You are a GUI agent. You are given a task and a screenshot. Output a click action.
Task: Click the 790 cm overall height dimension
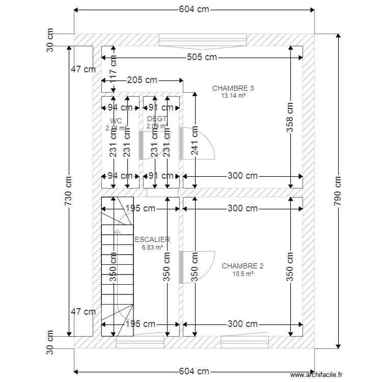(338, 192)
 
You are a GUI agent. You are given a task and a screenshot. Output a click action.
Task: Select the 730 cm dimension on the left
(69, 192)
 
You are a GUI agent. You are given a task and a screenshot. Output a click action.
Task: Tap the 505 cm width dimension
(202, 57)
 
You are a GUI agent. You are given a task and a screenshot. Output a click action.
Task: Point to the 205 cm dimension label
(142, 80)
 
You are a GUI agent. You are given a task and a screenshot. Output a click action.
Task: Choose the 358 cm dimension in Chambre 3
(290, 118)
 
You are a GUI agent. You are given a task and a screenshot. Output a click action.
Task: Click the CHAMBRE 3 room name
(233, 88)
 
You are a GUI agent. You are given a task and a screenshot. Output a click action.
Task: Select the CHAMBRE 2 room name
(242, 266)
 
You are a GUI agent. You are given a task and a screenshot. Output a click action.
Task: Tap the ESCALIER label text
(152, 239)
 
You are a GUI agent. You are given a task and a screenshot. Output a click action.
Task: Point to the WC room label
(116, 121)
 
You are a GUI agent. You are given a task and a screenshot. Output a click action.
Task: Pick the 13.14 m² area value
(233, 95)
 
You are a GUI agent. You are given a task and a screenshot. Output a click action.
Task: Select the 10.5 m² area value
(242, 274)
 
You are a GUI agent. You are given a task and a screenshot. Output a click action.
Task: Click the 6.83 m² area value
(152, 247)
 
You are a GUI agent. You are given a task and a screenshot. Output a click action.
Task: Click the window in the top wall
(203, 40)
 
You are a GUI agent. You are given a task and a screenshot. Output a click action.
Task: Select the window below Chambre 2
(244, 342)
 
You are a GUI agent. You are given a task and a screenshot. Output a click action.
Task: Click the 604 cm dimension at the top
(194, 9)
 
